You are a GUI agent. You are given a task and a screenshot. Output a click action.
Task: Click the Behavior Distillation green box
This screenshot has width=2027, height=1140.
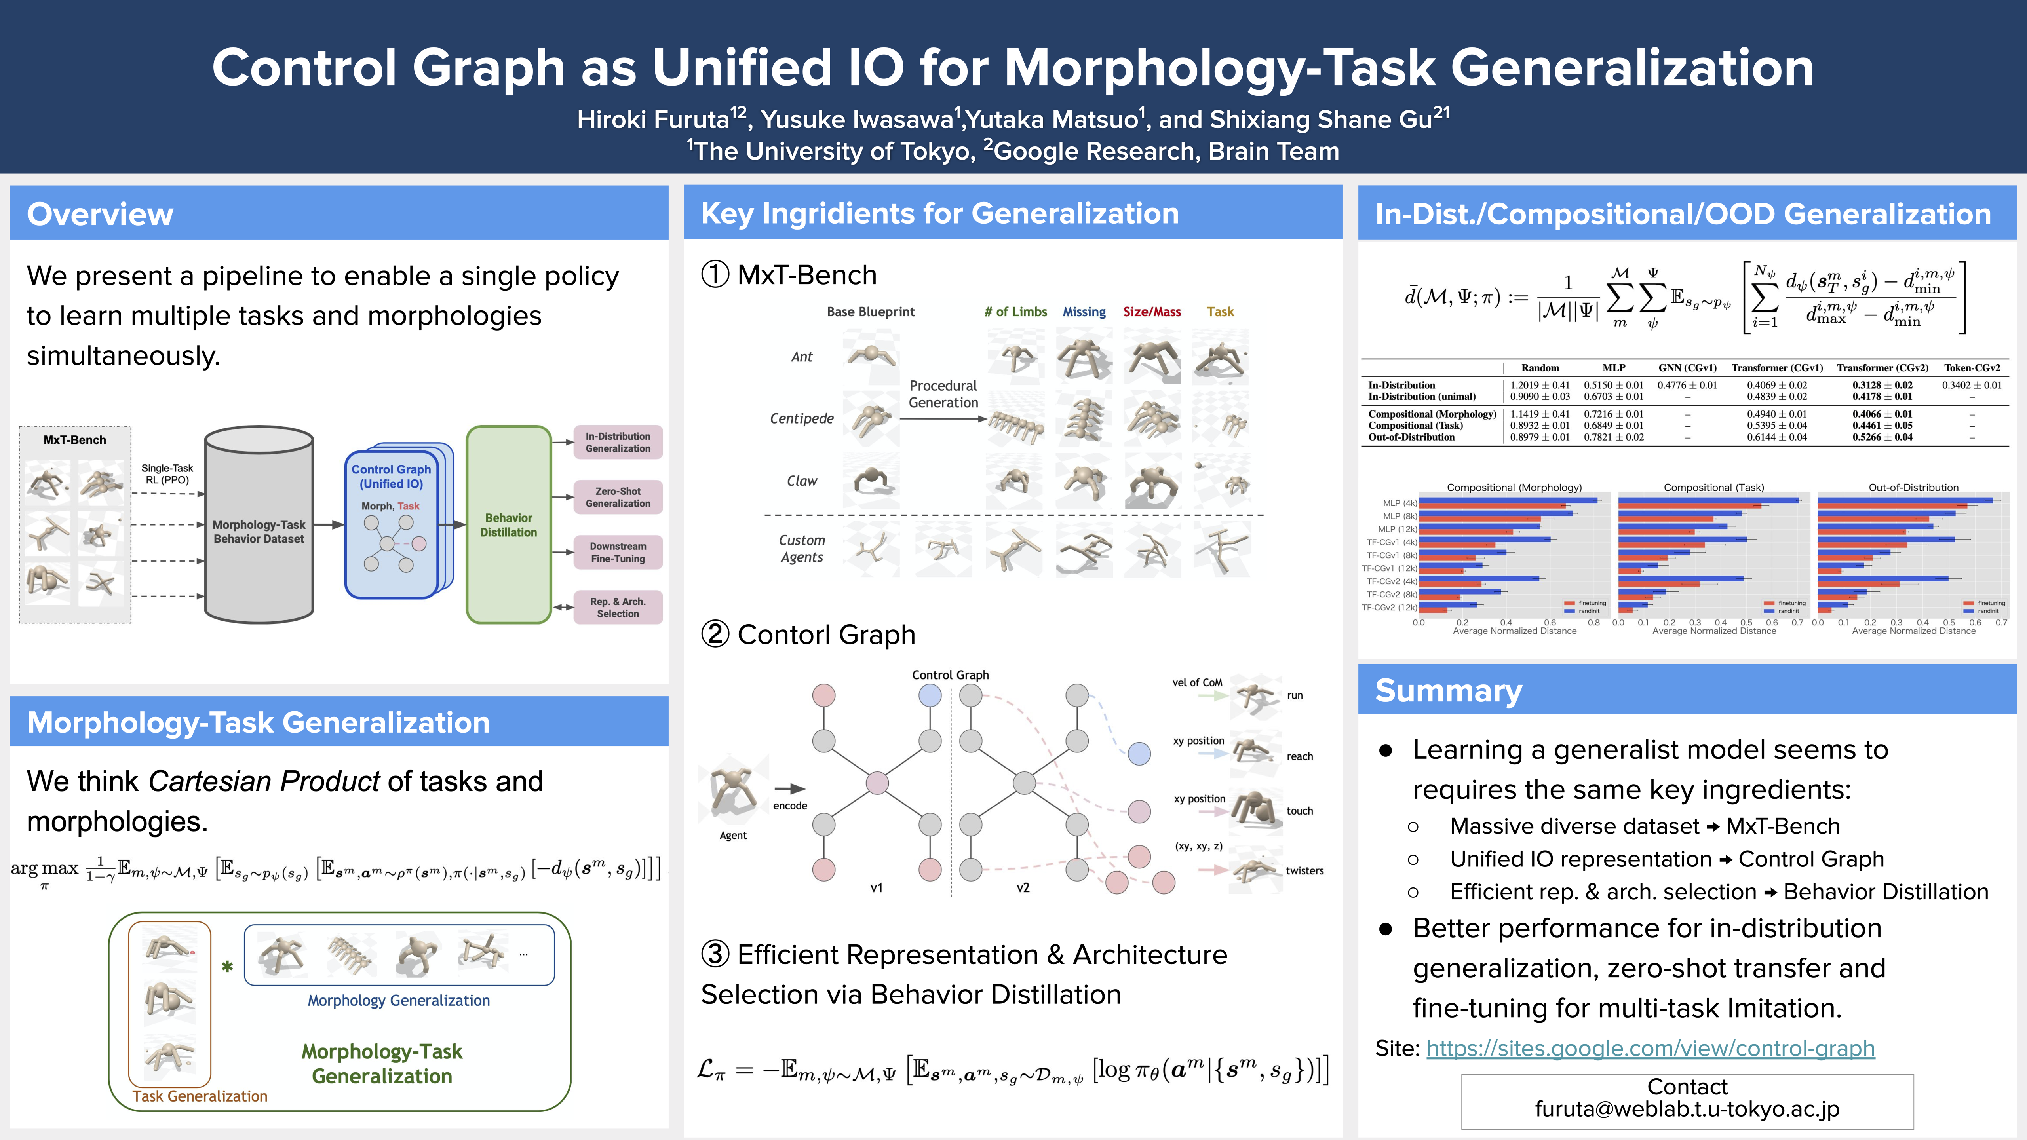pyautogui.click(x=508, y=525)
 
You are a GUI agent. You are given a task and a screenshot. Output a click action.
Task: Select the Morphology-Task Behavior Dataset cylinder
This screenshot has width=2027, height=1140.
pyautogui.click(x=259, y=531)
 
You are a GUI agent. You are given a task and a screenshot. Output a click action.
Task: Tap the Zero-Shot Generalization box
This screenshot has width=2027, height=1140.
pyautogui.click(x=618, y=497)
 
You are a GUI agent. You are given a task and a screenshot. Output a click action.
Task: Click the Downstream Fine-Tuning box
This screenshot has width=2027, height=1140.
pyautogui.click(x=618, y=552)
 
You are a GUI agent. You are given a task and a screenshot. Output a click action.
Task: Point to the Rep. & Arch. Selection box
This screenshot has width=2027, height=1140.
pyautogui.click(x=618, y=607)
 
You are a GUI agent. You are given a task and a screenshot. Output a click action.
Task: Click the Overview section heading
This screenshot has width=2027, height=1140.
pyautogui.click(x=100, y=214)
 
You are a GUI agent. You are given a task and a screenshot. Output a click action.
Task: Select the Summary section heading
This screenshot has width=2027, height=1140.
pyautogui.click(x=1448, y=691)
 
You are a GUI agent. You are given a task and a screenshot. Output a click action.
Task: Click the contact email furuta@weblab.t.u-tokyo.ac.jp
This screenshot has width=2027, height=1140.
pyautogui.click(x=1687, y=1109)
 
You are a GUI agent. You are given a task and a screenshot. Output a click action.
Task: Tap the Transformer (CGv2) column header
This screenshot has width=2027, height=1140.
pyautogui.click(x=1882, y=367)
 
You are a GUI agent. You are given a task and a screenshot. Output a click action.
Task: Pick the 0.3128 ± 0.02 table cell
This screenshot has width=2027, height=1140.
pyautogui.click(x=1882, y=385)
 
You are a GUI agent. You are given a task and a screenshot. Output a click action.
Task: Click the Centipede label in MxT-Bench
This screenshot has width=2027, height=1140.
pyautogui.click(x=802, y=418)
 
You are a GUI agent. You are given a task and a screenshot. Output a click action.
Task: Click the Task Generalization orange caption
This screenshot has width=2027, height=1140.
pyautogui.click(x=200, y=1096)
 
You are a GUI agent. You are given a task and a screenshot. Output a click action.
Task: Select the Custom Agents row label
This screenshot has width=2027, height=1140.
pyautogui.click(x=802, y=548)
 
